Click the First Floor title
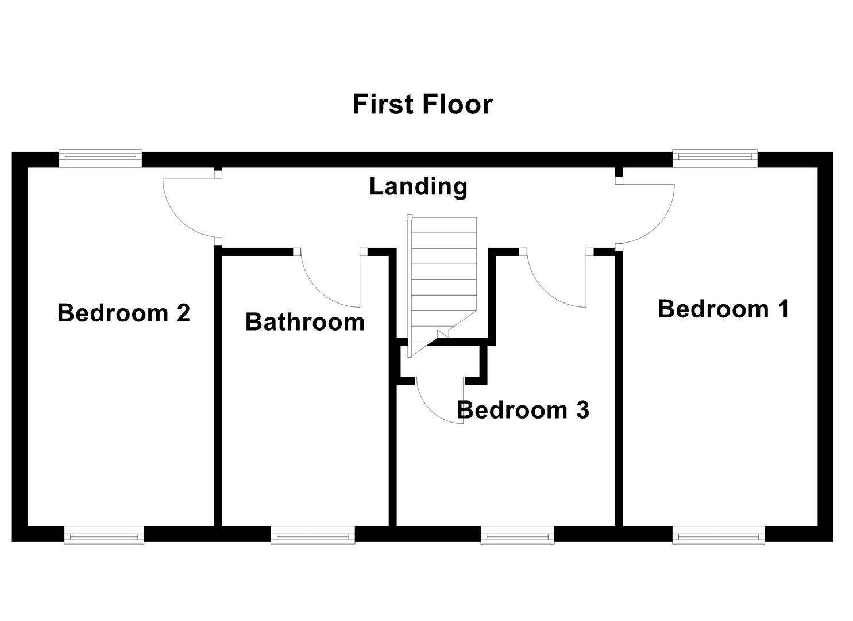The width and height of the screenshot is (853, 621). (422, 105)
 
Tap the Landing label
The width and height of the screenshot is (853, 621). (418, 186)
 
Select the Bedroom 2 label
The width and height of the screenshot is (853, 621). (123, 313)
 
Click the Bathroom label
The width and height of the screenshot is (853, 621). (305, 322)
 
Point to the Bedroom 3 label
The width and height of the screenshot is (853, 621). (523, 410)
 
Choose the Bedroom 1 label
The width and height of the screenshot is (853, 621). (723, 309)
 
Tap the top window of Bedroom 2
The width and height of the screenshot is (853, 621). (101, 156)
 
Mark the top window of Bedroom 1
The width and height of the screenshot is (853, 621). (715, 156)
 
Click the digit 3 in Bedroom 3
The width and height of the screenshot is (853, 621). (582, 410)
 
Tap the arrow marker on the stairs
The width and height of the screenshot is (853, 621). (443, 334)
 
